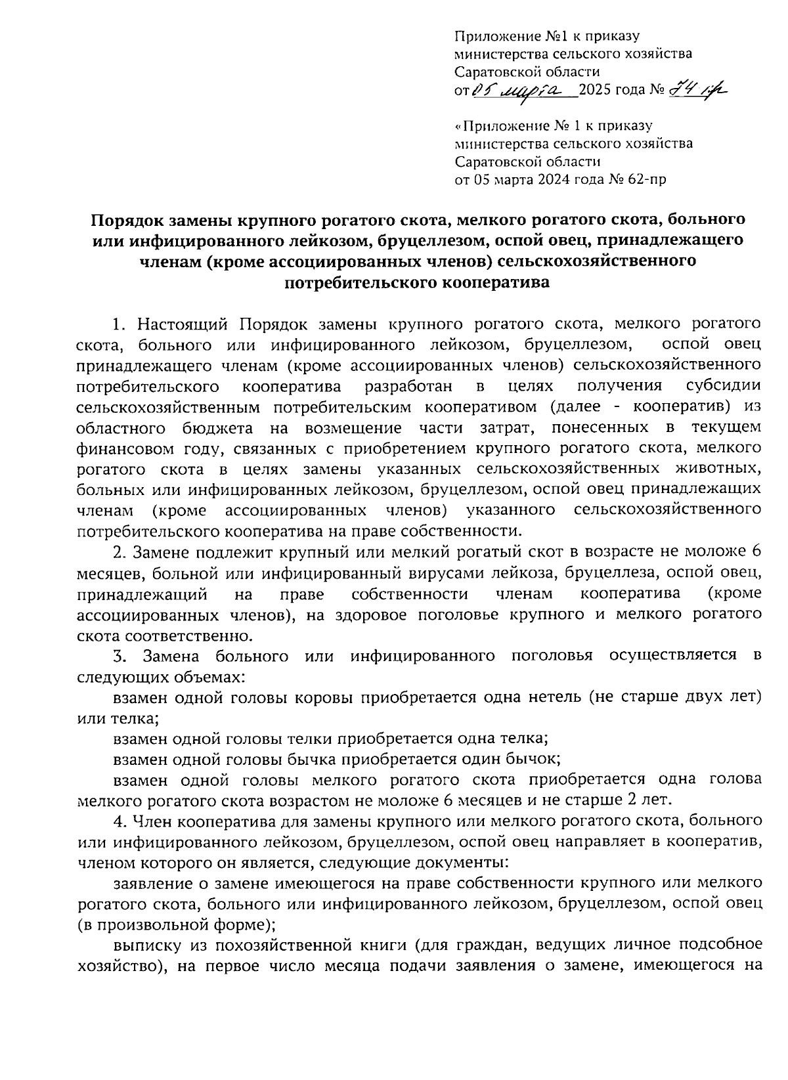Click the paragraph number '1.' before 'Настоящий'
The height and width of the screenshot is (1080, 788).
119,324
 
